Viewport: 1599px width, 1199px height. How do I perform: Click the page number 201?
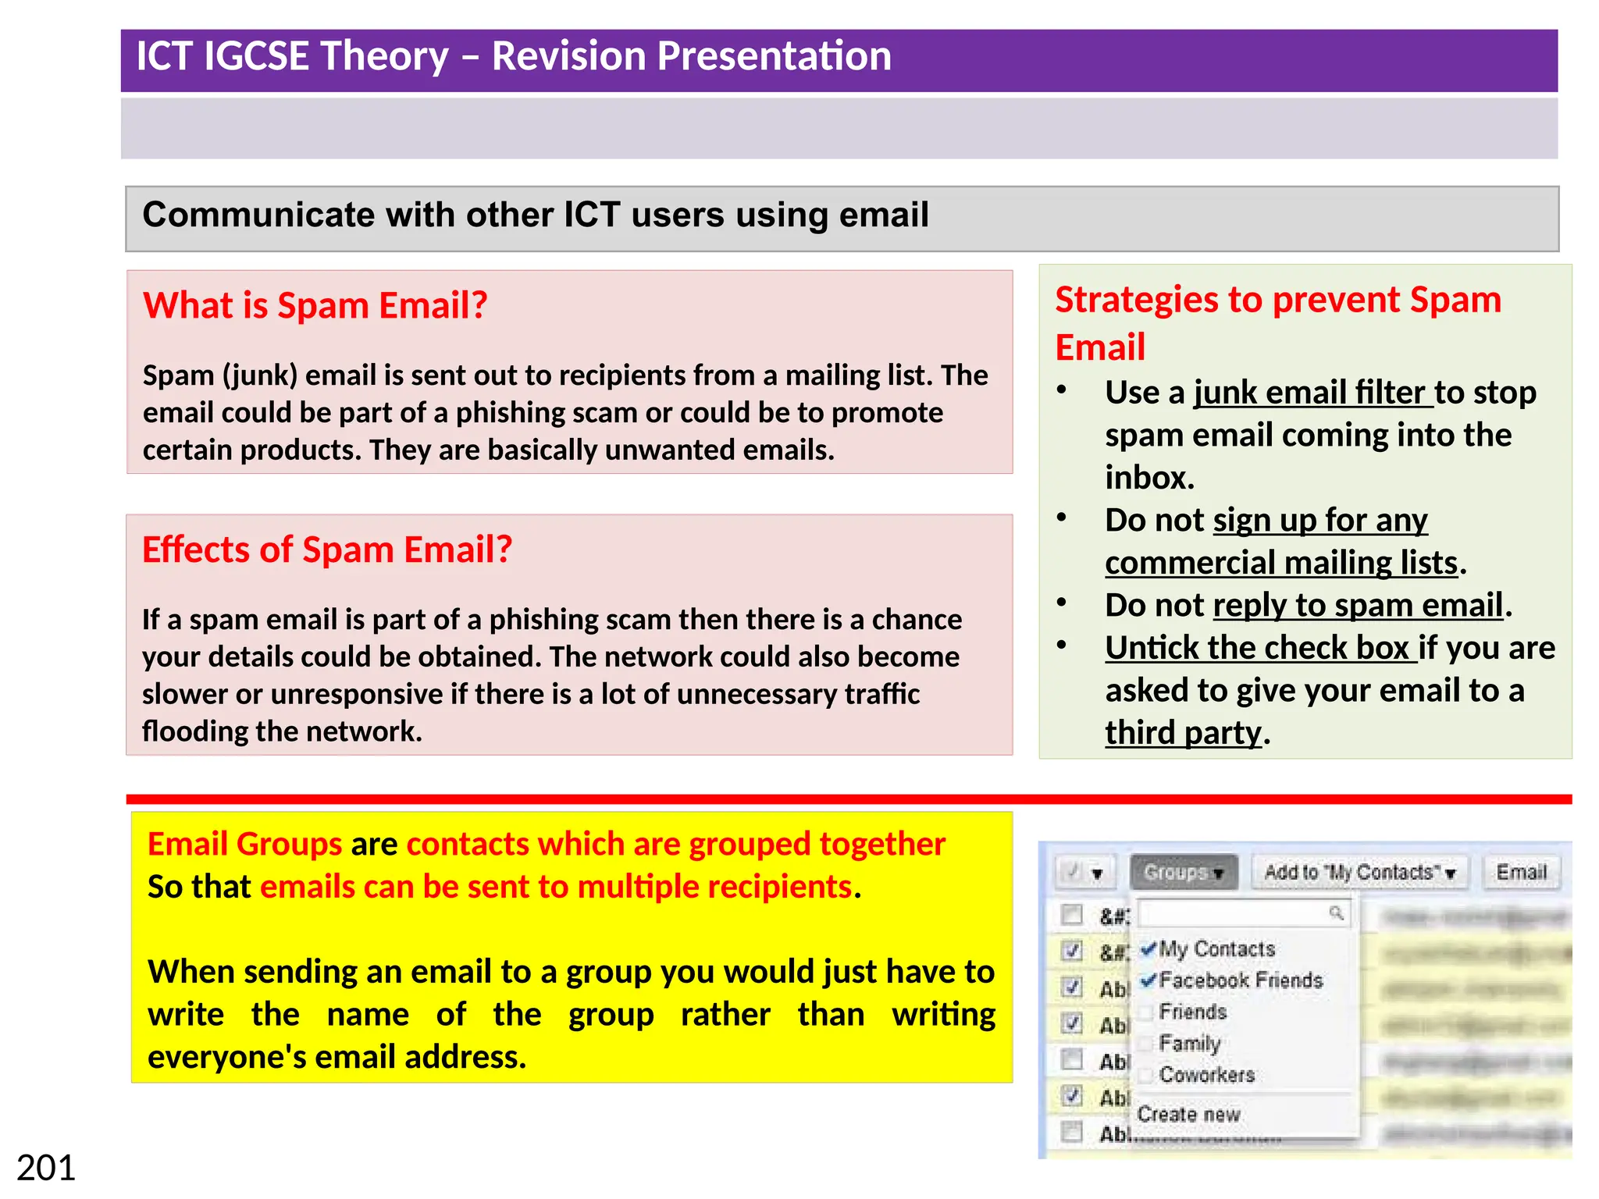pyautogui.click(x=46, y=1168)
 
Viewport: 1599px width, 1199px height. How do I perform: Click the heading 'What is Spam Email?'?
pyautogui.click(x=315, y=305)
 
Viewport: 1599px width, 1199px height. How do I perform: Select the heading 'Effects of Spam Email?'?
pyautogui.click(x=326, y=550)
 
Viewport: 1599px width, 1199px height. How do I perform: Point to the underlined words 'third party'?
pyautogui.click(x=1182, y=733)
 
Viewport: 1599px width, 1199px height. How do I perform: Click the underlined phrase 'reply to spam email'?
pyautogui.click(x=1358, y=606)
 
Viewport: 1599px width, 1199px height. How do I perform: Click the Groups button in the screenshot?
pyautogui.click(x=1183, y=872)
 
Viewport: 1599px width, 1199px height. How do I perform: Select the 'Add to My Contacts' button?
pyautogui.click(x=1359, y=872)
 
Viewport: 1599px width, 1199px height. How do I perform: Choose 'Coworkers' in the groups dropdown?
pyautogui.click(x=1206, y=1075)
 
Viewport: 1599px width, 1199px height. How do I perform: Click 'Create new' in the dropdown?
pyautogui.click(x=1188, y=1114)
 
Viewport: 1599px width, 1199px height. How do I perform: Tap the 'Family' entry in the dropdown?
pyautogui.click(x=1189, y=1043)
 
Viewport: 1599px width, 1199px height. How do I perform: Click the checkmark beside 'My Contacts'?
pyautogui.click(x=1148, y=949)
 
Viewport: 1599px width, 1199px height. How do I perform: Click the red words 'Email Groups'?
pyautogui.click(x=244, y=845)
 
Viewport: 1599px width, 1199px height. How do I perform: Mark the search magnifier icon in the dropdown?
pyautogui.click(x=1336, y=913)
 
